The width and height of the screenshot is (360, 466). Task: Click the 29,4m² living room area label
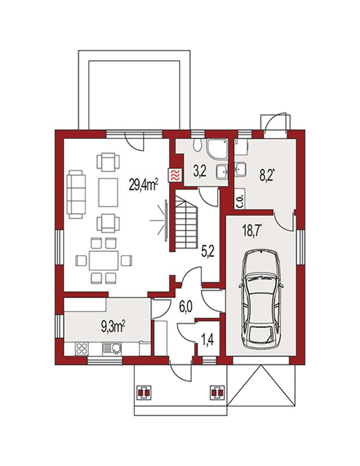point(143,185)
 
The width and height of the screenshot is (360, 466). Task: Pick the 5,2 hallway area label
point(207,252)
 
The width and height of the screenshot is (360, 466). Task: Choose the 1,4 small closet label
point(207,339)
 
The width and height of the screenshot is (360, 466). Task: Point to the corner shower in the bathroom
point(218,149)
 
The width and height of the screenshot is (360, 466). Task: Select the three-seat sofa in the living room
point(76,194)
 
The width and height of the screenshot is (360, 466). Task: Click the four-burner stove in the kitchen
point(81,348)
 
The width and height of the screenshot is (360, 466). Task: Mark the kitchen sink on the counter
point(112,348)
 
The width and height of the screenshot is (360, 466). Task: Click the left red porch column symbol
point(144,392)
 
